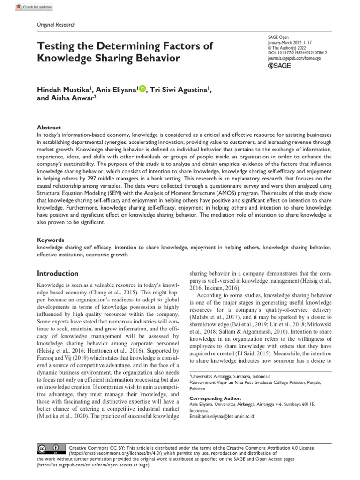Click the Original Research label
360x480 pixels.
click(55, 25)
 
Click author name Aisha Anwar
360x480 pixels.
click(75, 99)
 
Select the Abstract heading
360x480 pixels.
click(49, 127)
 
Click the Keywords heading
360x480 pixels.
click(51, 240)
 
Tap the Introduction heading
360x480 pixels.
click(58, 273)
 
